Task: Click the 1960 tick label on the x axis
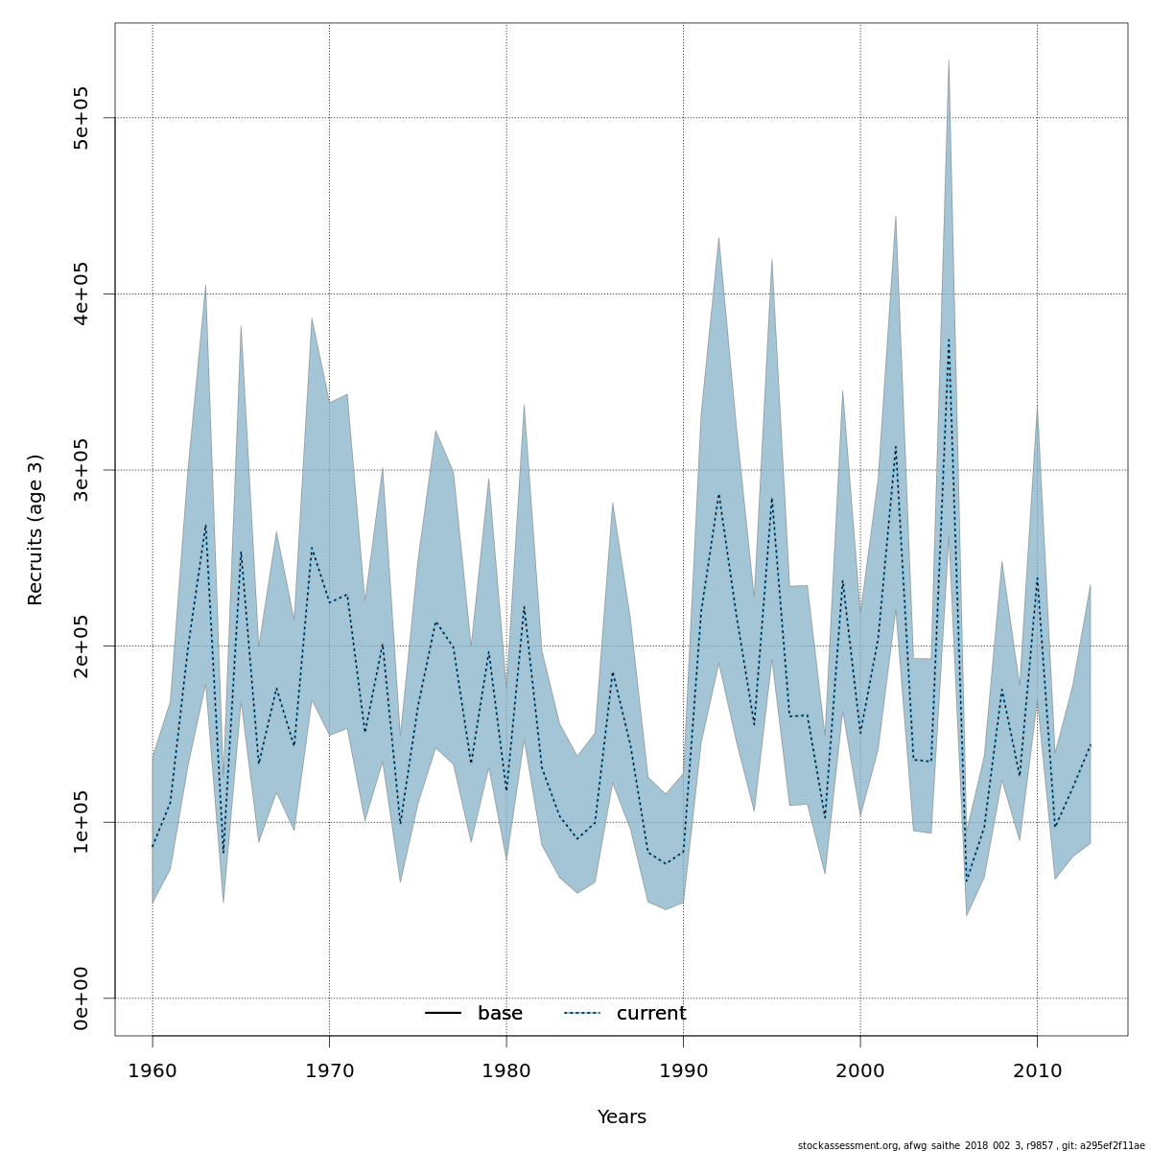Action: pos(153,1069)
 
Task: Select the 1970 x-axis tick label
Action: pos(329,1069)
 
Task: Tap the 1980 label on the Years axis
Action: pos(506,1069)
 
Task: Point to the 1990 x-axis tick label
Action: pos(683,1069)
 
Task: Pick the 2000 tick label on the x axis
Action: pos(860,1069)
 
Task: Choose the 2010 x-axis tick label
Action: pos(1037,1069)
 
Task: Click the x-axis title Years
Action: pos(622,1117)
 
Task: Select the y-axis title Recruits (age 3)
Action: pos(35,529)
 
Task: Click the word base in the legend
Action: pos(500,1014)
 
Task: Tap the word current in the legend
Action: pos(651,1014)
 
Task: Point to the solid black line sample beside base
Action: pos(443,1014)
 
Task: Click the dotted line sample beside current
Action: pos(581,1014)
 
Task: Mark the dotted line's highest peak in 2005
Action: pos(949,340)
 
